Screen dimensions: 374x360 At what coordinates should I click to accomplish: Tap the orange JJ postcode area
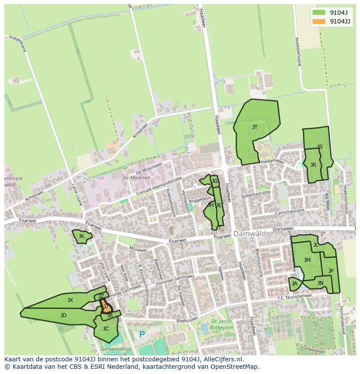point(106,307)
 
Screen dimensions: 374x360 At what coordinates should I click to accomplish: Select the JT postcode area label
point(255,127)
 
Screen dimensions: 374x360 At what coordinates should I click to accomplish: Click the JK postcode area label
point(81,236)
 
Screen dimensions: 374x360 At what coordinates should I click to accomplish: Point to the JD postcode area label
point(63,315)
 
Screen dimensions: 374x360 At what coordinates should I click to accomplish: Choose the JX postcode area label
point(70,300)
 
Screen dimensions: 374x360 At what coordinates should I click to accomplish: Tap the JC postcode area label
point(106,329)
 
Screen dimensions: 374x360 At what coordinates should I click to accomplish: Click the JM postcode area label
point(307,260)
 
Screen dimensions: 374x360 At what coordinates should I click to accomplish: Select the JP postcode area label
point(331,271)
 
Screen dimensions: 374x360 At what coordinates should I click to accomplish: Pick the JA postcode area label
point(295,284)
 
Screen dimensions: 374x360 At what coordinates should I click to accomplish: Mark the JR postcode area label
point(313,165)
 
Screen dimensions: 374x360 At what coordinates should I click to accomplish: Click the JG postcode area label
point(214,181)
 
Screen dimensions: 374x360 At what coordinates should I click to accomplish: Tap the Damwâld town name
point(250,234)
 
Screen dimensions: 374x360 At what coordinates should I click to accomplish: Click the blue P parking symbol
point(142,335)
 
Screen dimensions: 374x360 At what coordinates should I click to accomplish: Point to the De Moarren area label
point(136,178)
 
